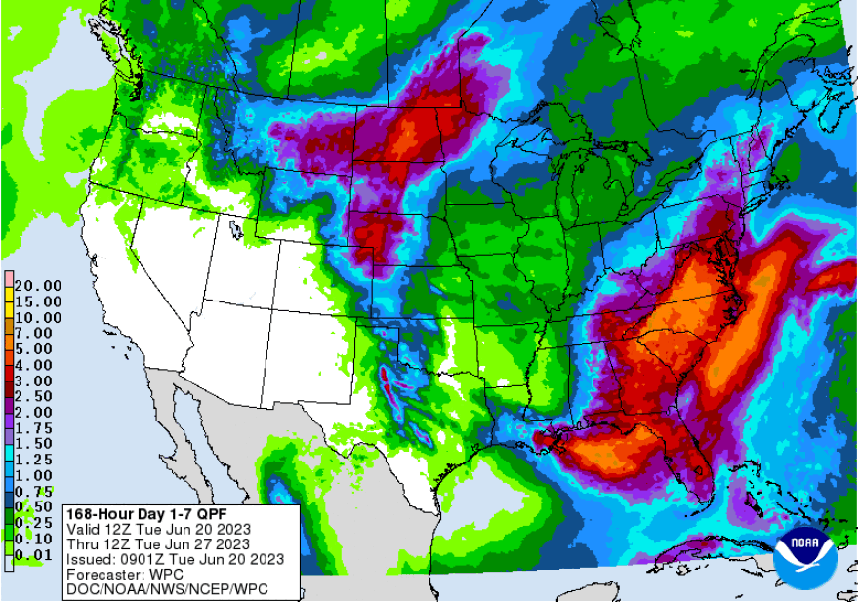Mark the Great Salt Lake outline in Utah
[236, 230]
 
